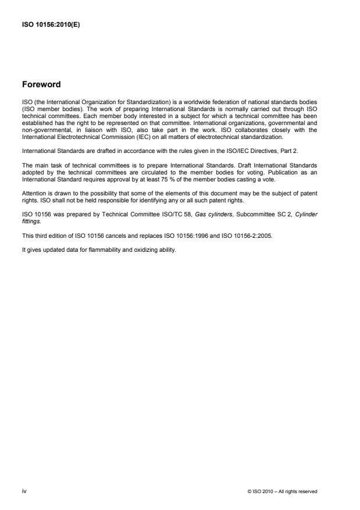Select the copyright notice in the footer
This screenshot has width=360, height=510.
[x=282, y=491]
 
